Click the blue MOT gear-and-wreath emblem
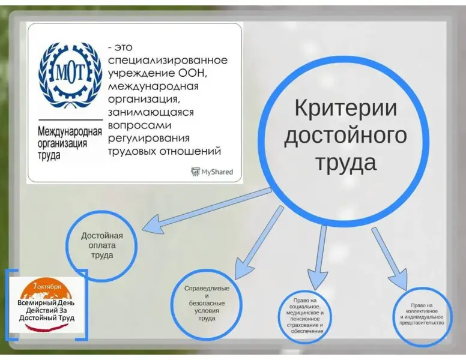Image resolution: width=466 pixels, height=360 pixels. pyautogui.click(x=70, y=76)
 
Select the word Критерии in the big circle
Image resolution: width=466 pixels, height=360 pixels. pyautogui.click(x=346, y=108)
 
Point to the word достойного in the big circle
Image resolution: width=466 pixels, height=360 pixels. pyautogui.click(x=345, y=136)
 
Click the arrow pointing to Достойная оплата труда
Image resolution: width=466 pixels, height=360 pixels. pyautogui.click(x=207, y=210)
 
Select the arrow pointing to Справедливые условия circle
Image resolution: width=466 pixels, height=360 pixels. pyautogui.click(x=259, y=242)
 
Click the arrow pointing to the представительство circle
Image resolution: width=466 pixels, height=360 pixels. pyautogui.click(x=389, y=259)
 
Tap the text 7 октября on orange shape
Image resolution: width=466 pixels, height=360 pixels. pyautogui.click(x=47, y=286)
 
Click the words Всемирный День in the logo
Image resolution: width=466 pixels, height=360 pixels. pyautogui.click(x=46, y=302)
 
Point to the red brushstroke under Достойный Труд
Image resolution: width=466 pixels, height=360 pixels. pyautogui.click(x=47, y=327)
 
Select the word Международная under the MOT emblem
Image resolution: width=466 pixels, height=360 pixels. pyautogui.click(x=70, y=131)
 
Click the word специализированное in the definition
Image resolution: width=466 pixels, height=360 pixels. pyautogui.click(x=168, y=60)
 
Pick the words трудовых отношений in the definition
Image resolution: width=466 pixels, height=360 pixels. pyautogui.click(x=165, y=151)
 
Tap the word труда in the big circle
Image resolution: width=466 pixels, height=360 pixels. pyautogui.click(x=346, y=163)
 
